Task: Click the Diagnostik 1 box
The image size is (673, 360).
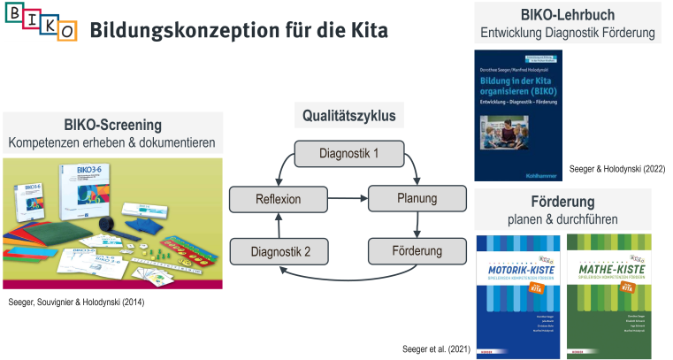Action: click(348, 153)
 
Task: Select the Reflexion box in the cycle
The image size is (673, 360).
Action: click(278, 199)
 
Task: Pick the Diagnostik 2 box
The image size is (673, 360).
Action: click(278, 252)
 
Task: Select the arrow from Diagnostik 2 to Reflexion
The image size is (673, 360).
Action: click(278, 226)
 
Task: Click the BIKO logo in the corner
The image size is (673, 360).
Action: click(41, 23)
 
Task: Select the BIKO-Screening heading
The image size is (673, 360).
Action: click(112, 124)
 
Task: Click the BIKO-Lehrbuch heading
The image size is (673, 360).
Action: click(568, 16)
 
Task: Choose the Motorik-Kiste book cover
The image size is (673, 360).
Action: click(517, 295)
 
